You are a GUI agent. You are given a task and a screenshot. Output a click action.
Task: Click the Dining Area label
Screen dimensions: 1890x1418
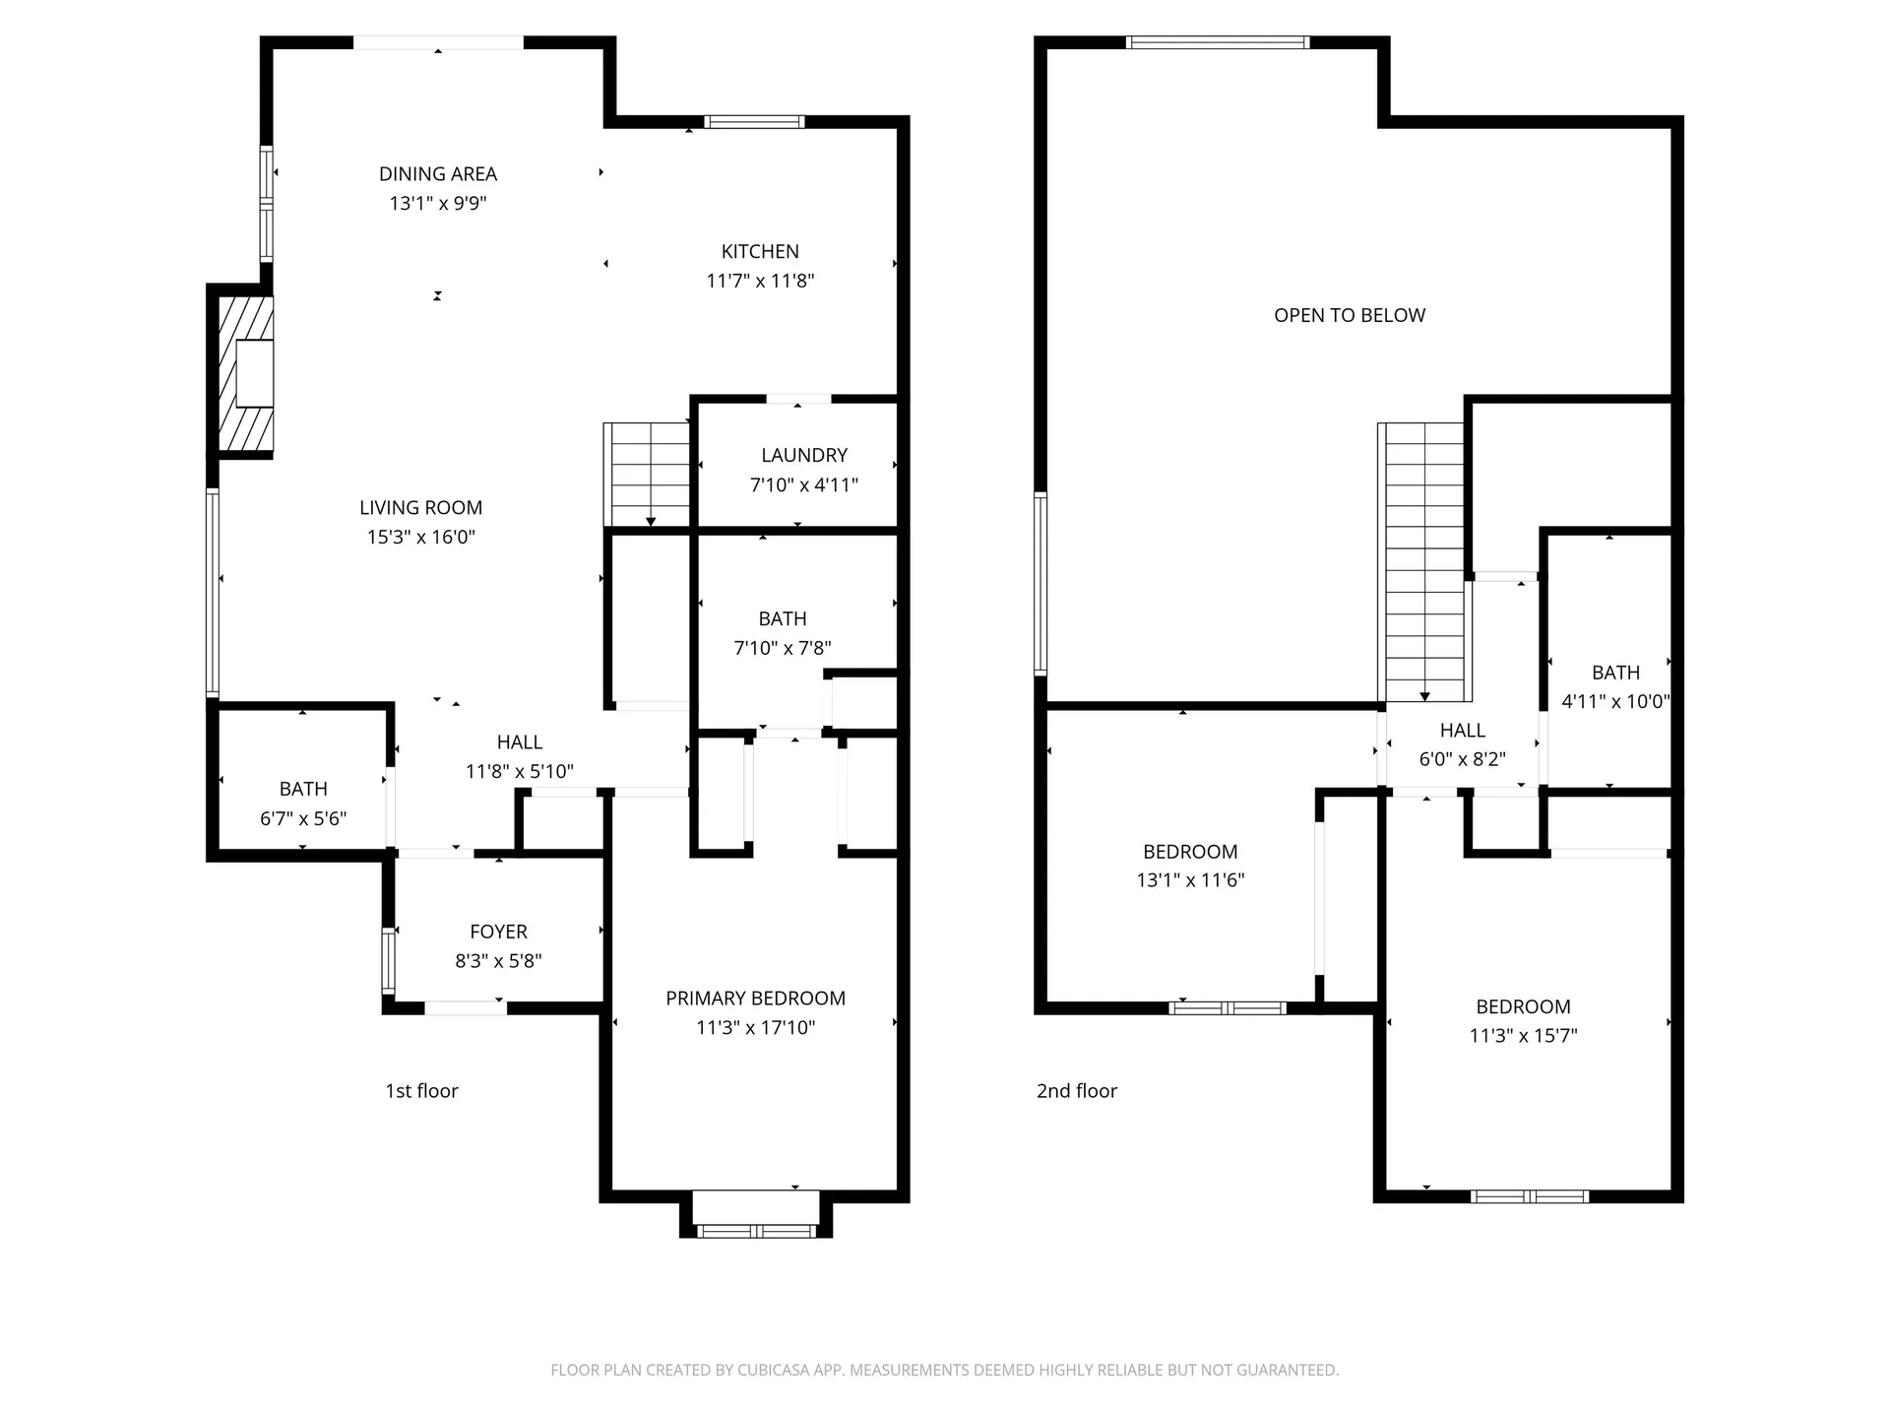[438, 174]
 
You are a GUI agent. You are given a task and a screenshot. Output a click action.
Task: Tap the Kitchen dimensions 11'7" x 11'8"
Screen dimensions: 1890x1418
[760, 281]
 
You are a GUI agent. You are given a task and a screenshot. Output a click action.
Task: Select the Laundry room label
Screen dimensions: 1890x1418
[804, 455]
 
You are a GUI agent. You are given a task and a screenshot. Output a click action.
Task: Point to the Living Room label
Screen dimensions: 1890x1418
[420, 508]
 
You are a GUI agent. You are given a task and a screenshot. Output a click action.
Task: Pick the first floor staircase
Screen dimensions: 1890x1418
[648, 475]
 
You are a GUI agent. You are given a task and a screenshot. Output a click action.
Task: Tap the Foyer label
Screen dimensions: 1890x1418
[498, 932]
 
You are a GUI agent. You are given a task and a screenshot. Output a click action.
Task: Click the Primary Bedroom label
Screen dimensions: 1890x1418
[755, 999]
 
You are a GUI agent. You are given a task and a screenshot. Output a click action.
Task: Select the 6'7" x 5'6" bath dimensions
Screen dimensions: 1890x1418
[303, 818]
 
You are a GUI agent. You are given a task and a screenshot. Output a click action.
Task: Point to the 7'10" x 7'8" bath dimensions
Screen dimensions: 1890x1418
[783, 648]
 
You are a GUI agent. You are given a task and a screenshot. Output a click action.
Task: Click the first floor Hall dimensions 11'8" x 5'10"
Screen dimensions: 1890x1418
[520, 771]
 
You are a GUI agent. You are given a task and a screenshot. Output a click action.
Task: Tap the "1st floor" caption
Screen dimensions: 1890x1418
[421, 1091]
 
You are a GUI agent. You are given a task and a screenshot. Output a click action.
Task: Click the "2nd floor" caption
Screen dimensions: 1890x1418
[1077, 1091]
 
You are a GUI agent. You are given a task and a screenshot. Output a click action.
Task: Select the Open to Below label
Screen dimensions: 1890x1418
[1350, 315]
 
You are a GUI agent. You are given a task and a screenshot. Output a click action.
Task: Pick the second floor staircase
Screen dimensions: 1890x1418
[1423, 562]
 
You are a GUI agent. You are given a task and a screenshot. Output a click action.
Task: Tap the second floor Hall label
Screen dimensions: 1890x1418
[1463, 731]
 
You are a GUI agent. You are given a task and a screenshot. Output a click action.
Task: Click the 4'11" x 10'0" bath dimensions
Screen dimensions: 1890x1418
[1615, 702]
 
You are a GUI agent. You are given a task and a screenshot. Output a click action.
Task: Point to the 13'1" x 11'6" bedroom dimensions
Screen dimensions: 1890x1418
[1190, 880]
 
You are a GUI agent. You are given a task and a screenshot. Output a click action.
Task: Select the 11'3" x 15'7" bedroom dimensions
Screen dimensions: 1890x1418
[1523, 1036]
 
